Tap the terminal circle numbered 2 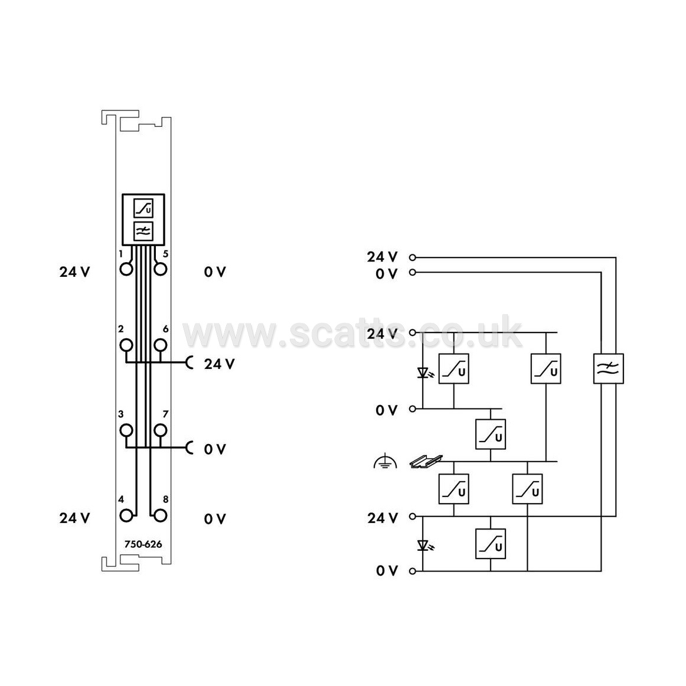[x=126, y=345]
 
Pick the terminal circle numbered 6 [x=161, y=345]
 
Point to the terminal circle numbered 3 [x=126, y=430]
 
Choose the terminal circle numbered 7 [x=161, y=430]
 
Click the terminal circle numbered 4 [x=126, y=516]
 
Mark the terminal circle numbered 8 [x=161, y=516]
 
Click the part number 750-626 [x=143, y=544]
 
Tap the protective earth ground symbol [x=385, y=462]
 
